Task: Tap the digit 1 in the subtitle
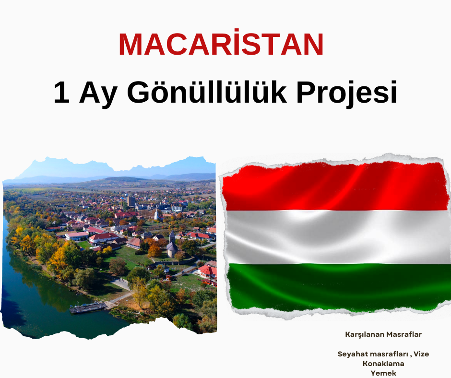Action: [x=61, y=93]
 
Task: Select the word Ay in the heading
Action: [x=98, y=94]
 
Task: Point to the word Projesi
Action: [x=346, y=94]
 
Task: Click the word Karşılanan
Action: [x=365, y=334]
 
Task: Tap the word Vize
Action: [x=421, y=354]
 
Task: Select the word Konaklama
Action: [x=383, y=364]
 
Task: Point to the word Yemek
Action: [x=383, y=373]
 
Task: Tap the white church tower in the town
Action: [x=156, y=214]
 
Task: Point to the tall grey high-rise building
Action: [x=131, y=201]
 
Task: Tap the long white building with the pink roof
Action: [x=76, y=236]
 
